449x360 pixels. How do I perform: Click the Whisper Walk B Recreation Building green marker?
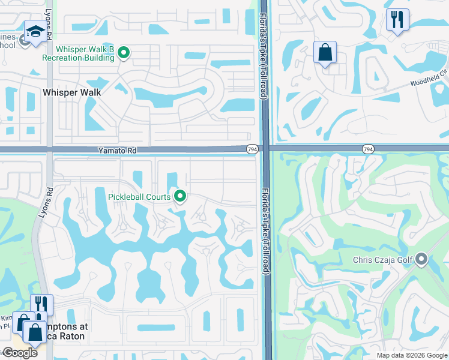pyautogui.click(x=124, y=53)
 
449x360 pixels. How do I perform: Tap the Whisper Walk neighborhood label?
pyautogui.click(x=72, y=92)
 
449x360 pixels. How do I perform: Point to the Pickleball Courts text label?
pyautogui.click(x=140, y=197)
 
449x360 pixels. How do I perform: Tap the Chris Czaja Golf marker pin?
pyautogui.click(x=421, y=259)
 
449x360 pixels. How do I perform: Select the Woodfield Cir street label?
pyautogui.click(x=429, y=83)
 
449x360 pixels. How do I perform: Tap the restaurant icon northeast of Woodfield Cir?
pyautogui.click(x=397, y=20)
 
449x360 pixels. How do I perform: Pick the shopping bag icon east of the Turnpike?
pyautogui.click(x=325, y=52)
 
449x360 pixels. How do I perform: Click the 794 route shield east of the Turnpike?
pyautogui.click(x=367, y=148)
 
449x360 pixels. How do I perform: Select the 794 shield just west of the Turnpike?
pyautogui.click(x=252, y=148)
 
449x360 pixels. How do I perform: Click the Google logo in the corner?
pyautogui.click(x=20, y=353)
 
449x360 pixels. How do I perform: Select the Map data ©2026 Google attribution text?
pyautogui.click(x=412, y=355)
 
